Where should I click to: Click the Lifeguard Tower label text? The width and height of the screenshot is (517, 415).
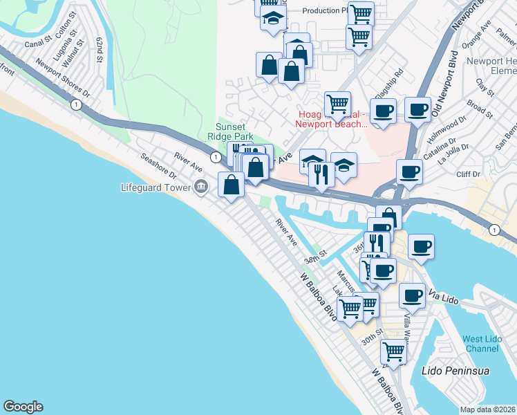(x=156, y=187)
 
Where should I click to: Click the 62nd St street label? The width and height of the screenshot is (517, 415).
(x=102, y=49)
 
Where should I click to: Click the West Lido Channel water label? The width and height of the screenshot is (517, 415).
(x=482, y=343)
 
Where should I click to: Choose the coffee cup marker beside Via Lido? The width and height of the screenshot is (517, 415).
(x=413, y=295)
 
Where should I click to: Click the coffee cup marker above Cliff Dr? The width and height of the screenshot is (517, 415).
(x=409, y=172)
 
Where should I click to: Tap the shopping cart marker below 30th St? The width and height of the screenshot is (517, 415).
(x=393, y=351)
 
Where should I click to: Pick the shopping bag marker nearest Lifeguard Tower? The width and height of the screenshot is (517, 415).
(x=232, y=184)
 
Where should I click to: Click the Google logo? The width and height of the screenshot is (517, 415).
(x=23, y=407)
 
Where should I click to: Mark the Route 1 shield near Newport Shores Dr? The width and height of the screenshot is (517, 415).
(x=74, y=104)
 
